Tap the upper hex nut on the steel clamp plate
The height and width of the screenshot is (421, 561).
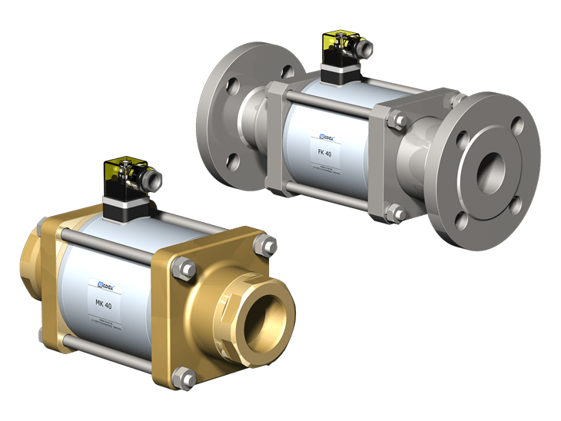[399, 120]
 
